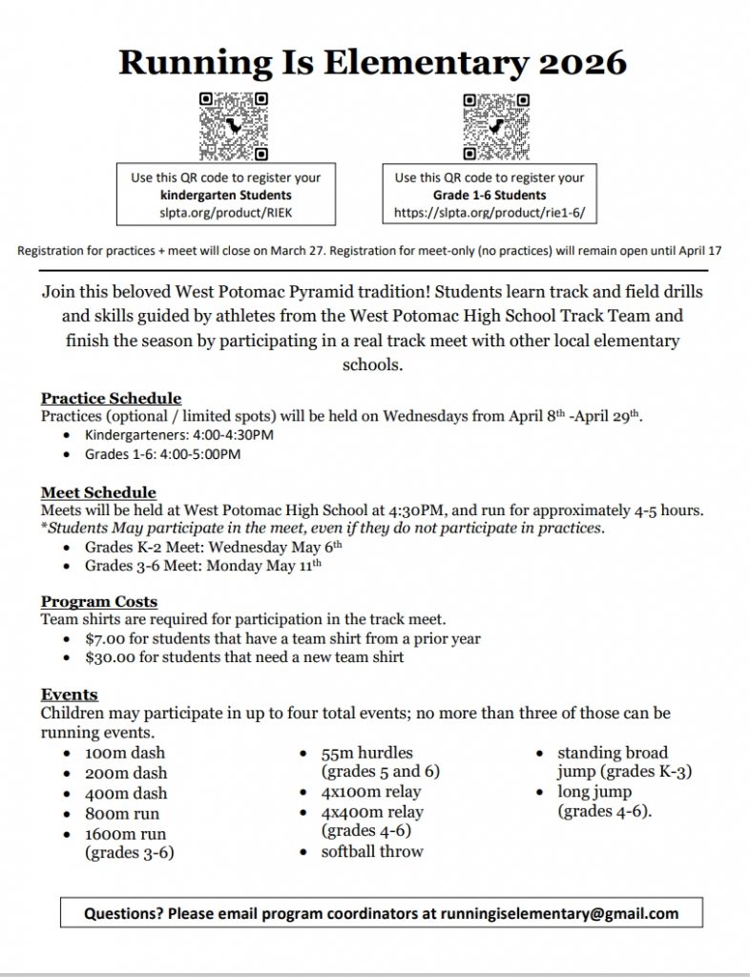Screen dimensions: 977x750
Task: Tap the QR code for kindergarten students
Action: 233,126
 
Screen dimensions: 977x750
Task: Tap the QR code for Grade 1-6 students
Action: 496,126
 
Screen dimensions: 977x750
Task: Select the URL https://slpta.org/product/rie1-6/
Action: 490,214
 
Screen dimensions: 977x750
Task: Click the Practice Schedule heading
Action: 111,398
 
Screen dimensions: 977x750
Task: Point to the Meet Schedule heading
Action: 98,492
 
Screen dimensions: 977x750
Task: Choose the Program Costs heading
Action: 99,601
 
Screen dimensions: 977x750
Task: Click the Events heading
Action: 70,694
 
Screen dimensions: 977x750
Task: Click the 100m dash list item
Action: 125,753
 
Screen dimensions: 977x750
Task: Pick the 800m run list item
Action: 122,814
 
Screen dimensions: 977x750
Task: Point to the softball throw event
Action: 372,851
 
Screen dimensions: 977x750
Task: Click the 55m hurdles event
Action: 367,753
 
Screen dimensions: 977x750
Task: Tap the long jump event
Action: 594,792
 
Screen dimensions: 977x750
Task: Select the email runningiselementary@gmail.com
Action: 559,913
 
